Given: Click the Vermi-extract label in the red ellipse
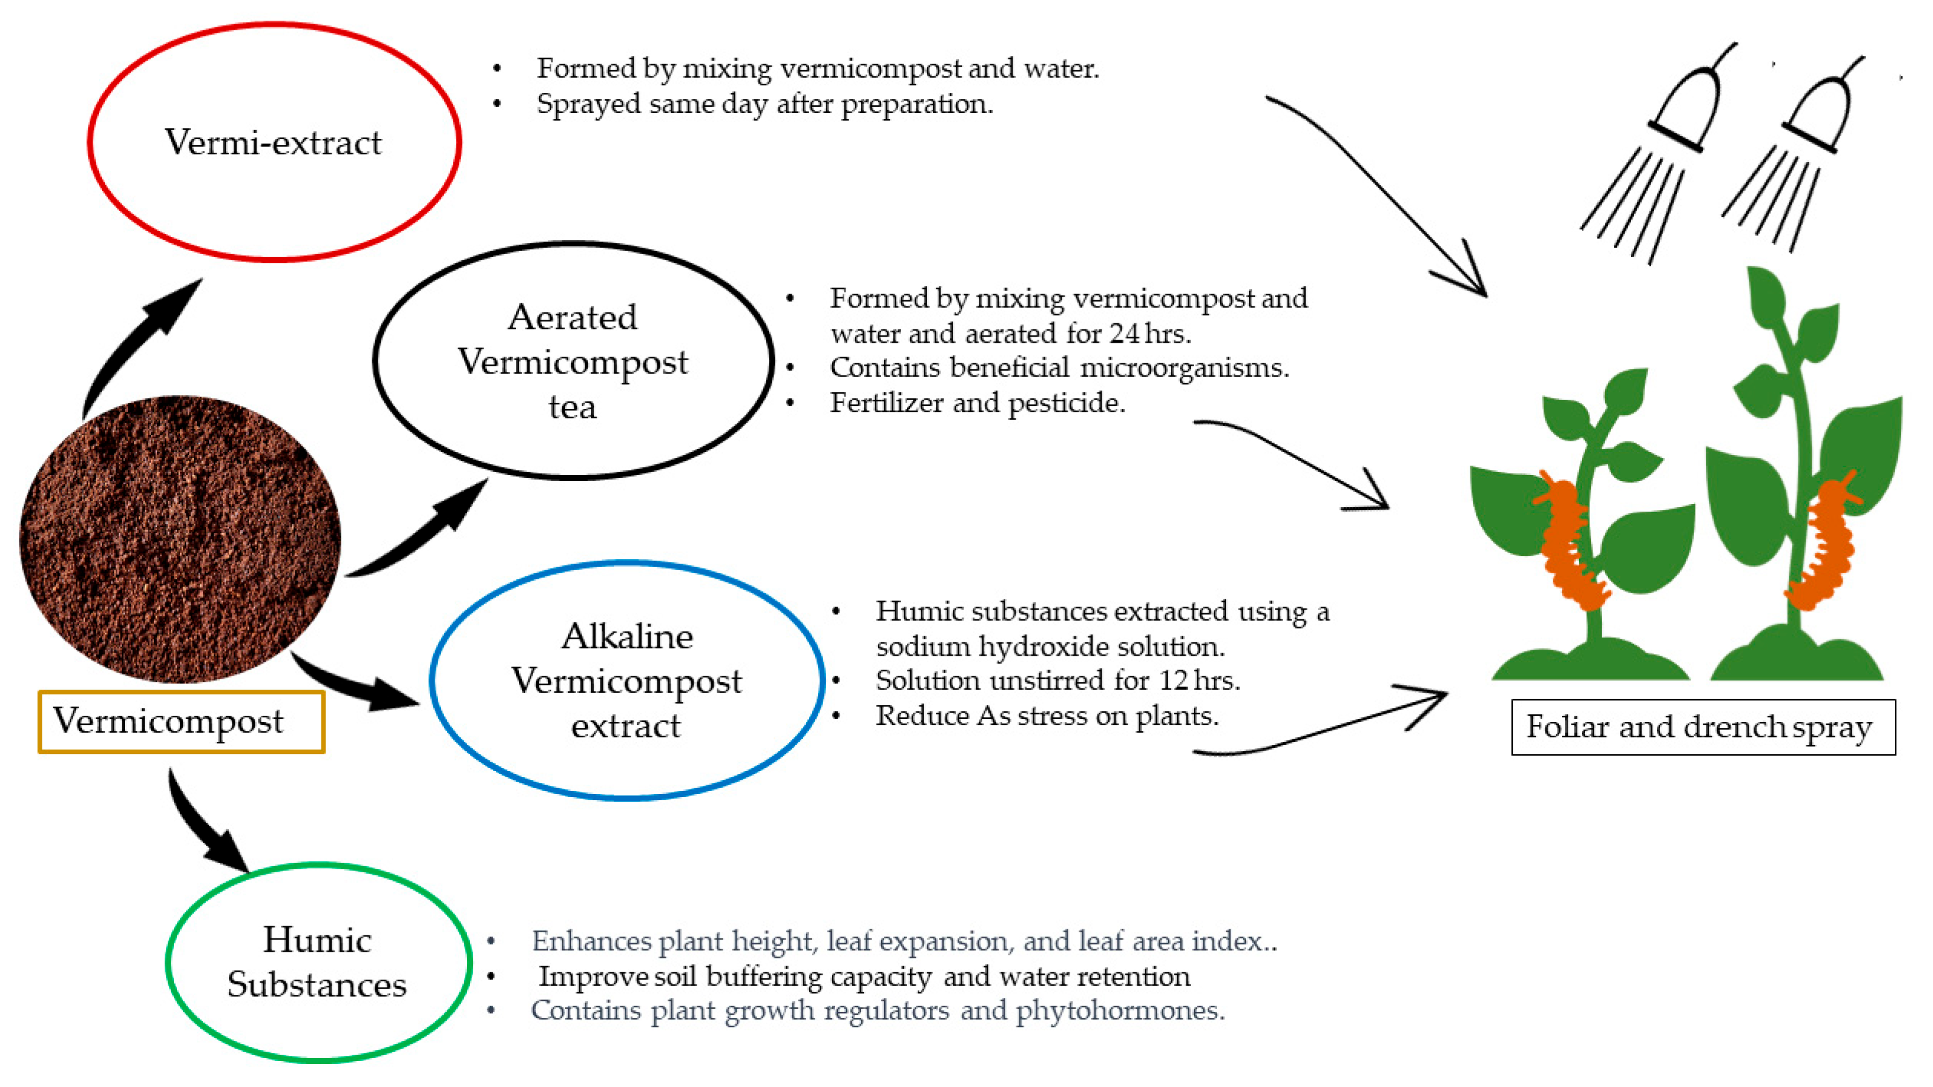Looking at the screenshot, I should tap(273, 143).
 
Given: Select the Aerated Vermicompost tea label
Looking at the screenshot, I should tap(572, 362).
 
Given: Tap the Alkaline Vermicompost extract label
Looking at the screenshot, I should tap(626, 681).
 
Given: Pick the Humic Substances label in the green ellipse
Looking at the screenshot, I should tap(317, 963).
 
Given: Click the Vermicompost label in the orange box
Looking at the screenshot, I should tap(169, 721).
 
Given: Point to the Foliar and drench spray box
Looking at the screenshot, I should tap(1702, 727).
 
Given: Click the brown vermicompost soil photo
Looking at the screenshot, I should tap(180, 539).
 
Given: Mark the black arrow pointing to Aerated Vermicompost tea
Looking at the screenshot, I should tap(420, 533).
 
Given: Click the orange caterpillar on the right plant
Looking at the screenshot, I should tap(1823, 540).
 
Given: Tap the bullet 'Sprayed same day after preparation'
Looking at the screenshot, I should tap(764, 104).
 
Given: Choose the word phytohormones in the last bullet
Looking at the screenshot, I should tap(1119, 1011).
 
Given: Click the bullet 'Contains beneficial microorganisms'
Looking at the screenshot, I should tap(1058, 368).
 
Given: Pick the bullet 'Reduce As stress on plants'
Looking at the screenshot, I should tap(1047, 715).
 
